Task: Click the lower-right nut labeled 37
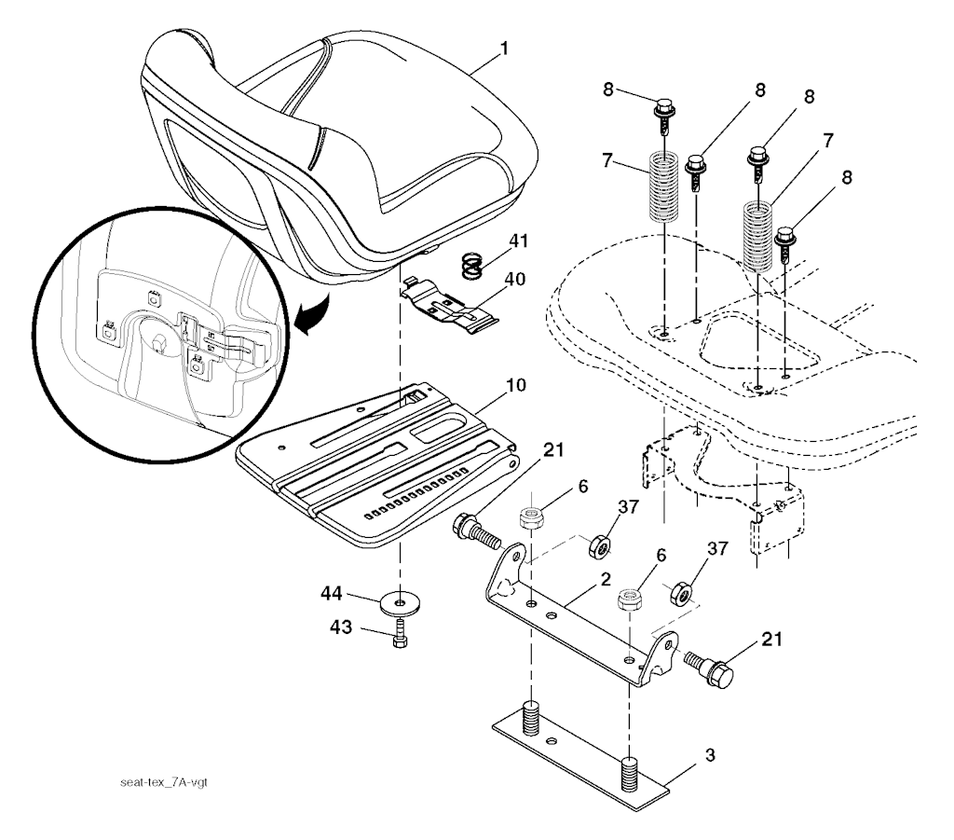(680, 591)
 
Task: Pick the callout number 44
(357, 592)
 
